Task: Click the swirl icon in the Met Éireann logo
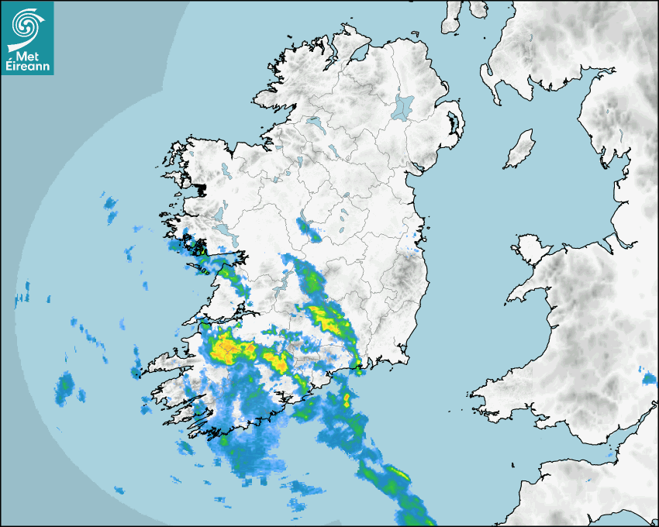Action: pos(26,25)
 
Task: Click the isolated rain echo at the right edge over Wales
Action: pos(649,379)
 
